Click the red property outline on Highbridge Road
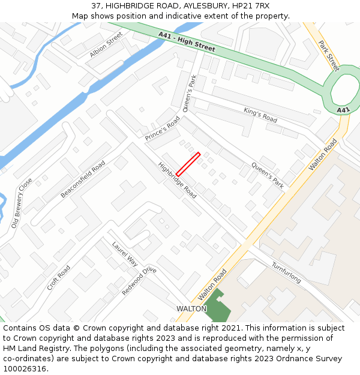pyautogui.click(x=188, y=164)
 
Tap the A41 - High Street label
pyautogui.click(x=187, y=42)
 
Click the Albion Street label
pyautogui.click(x=106, y=45)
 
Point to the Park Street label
pyautogui.click(x=329, y=55)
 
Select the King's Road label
pyautogui.click(x=260, y=115)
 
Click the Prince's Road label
pyautogui.click(x=162, y=129)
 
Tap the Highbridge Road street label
pyautogui.click(x=178, y=181)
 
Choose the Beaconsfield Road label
pyautogui.click(x=83, y=179)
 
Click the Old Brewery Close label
pyautogui.click(x=22, y=203)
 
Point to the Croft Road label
pyautogui.click(x=59, y=277)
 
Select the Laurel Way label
pyautogui.click(x=125, y=254)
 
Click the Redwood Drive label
pyautogui.click(x=139, y=281)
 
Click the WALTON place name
pyautogui.click(x=191, y=308)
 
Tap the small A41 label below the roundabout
pyautogui.click(x=343, y=110)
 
